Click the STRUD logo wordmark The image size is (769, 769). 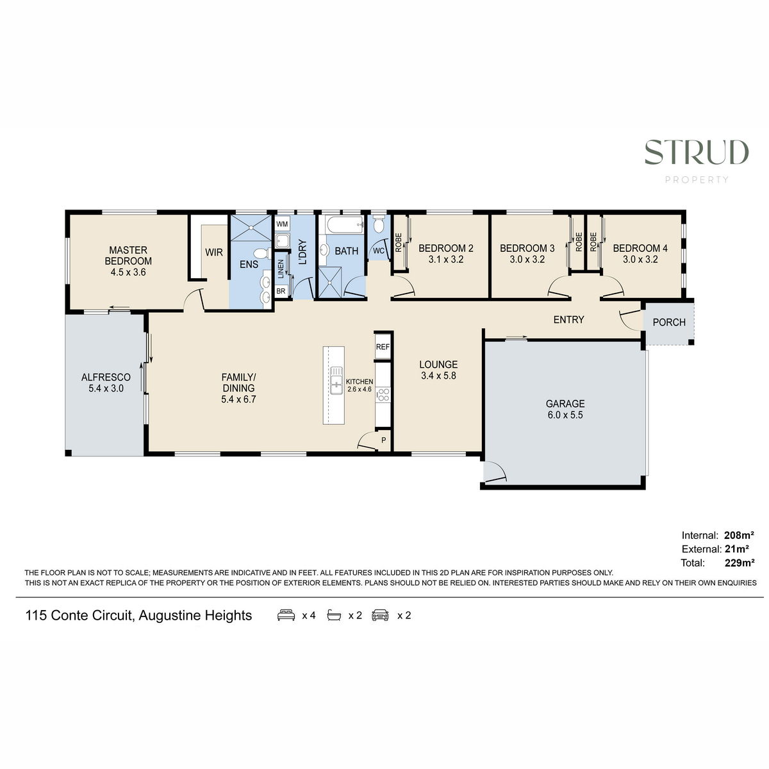[x=697, y=152]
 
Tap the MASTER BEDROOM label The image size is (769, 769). [x=128, y=256]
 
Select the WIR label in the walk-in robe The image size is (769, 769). [x=214, y=252]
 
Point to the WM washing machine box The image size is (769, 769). [x=282, y=224]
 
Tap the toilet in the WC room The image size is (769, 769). [x=378, y=225]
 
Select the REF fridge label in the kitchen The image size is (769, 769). [x=383, y=347]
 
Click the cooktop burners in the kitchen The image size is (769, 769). [x=383, y=395]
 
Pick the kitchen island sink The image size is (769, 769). [x=336, y=380]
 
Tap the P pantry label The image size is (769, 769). [x=383, y=440]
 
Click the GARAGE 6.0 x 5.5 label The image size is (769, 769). [x=565, y=409]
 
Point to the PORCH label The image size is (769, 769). [x=669, y=322]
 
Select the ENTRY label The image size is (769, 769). [x=568, y=319]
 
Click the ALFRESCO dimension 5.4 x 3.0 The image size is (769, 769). [x=106, y=388]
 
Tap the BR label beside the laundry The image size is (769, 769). [x=281, y=291]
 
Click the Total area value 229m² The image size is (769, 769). [x=740, y=563]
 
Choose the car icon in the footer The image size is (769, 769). [x=380, y=615]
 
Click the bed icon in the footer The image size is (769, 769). [x=286, y=615]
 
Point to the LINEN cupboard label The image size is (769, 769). [x=281, y=269]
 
